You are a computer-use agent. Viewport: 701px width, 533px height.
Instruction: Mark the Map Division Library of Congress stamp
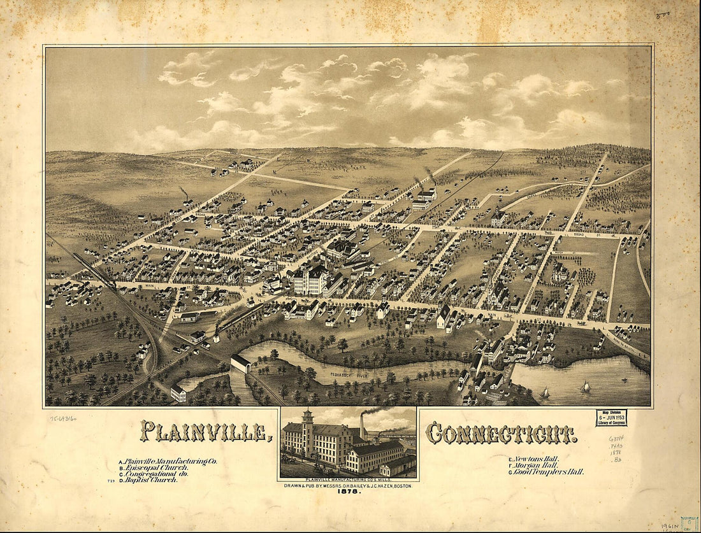612,417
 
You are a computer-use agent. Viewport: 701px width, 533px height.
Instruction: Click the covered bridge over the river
241,364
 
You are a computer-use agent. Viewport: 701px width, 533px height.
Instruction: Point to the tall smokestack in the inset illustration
363,430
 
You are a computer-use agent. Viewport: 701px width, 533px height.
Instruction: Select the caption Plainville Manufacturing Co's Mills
348,479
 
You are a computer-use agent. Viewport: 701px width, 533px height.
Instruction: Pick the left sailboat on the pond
545,392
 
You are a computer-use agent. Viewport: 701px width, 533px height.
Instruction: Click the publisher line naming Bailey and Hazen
348,486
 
